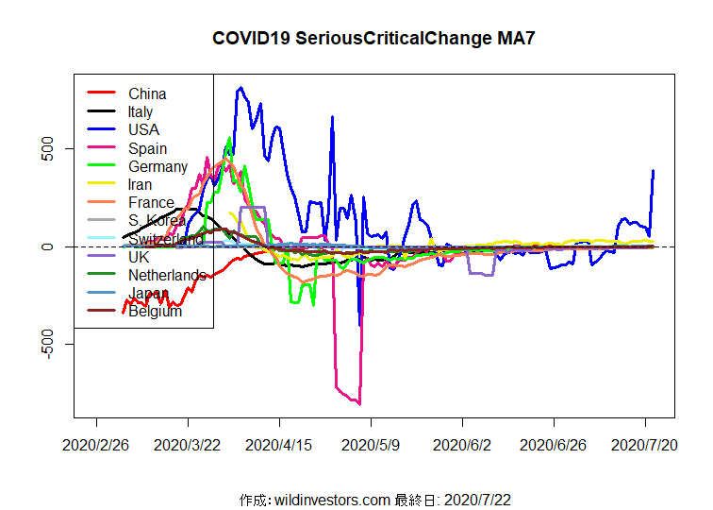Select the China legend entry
pyautogui.click(x=147, y=93)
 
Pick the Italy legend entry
pyautogui.click(x=141, y=111)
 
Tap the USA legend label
pyautogui.click(x=144, y=129)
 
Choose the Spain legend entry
pyautogui.click(x=147, y=148)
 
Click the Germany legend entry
pyautogui.click(x=158, y=166)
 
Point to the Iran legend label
pyautogui.click(x=141, y=184)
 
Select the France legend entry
pyautogui.click(x=151, y=202)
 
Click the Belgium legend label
pyautogui.click(x=155, y=312)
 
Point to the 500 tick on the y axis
pyautogui.click(x=54, y=148)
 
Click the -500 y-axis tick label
pyautogui.click(x=54, y=345)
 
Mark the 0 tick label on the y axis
pyautogui.click(x=54, y=246)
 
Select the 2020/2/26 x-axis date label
pyautogui.click(x=96, y=444)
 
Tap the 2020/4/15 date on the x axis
pyautogui.click(x=279, y=444)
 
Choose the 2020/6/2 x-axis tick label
pyautogui.click(x=461, y=444)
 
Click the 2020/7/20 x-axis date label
pyautogui.click(x=645, y=444)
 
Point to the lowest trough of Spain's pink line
pyautogui.click(x=359, y=403)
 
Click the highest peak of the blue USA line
pyautogui.click(x=241, y=88)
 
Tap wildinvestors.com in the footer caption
pyautogui.click(x=331, y=499)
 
